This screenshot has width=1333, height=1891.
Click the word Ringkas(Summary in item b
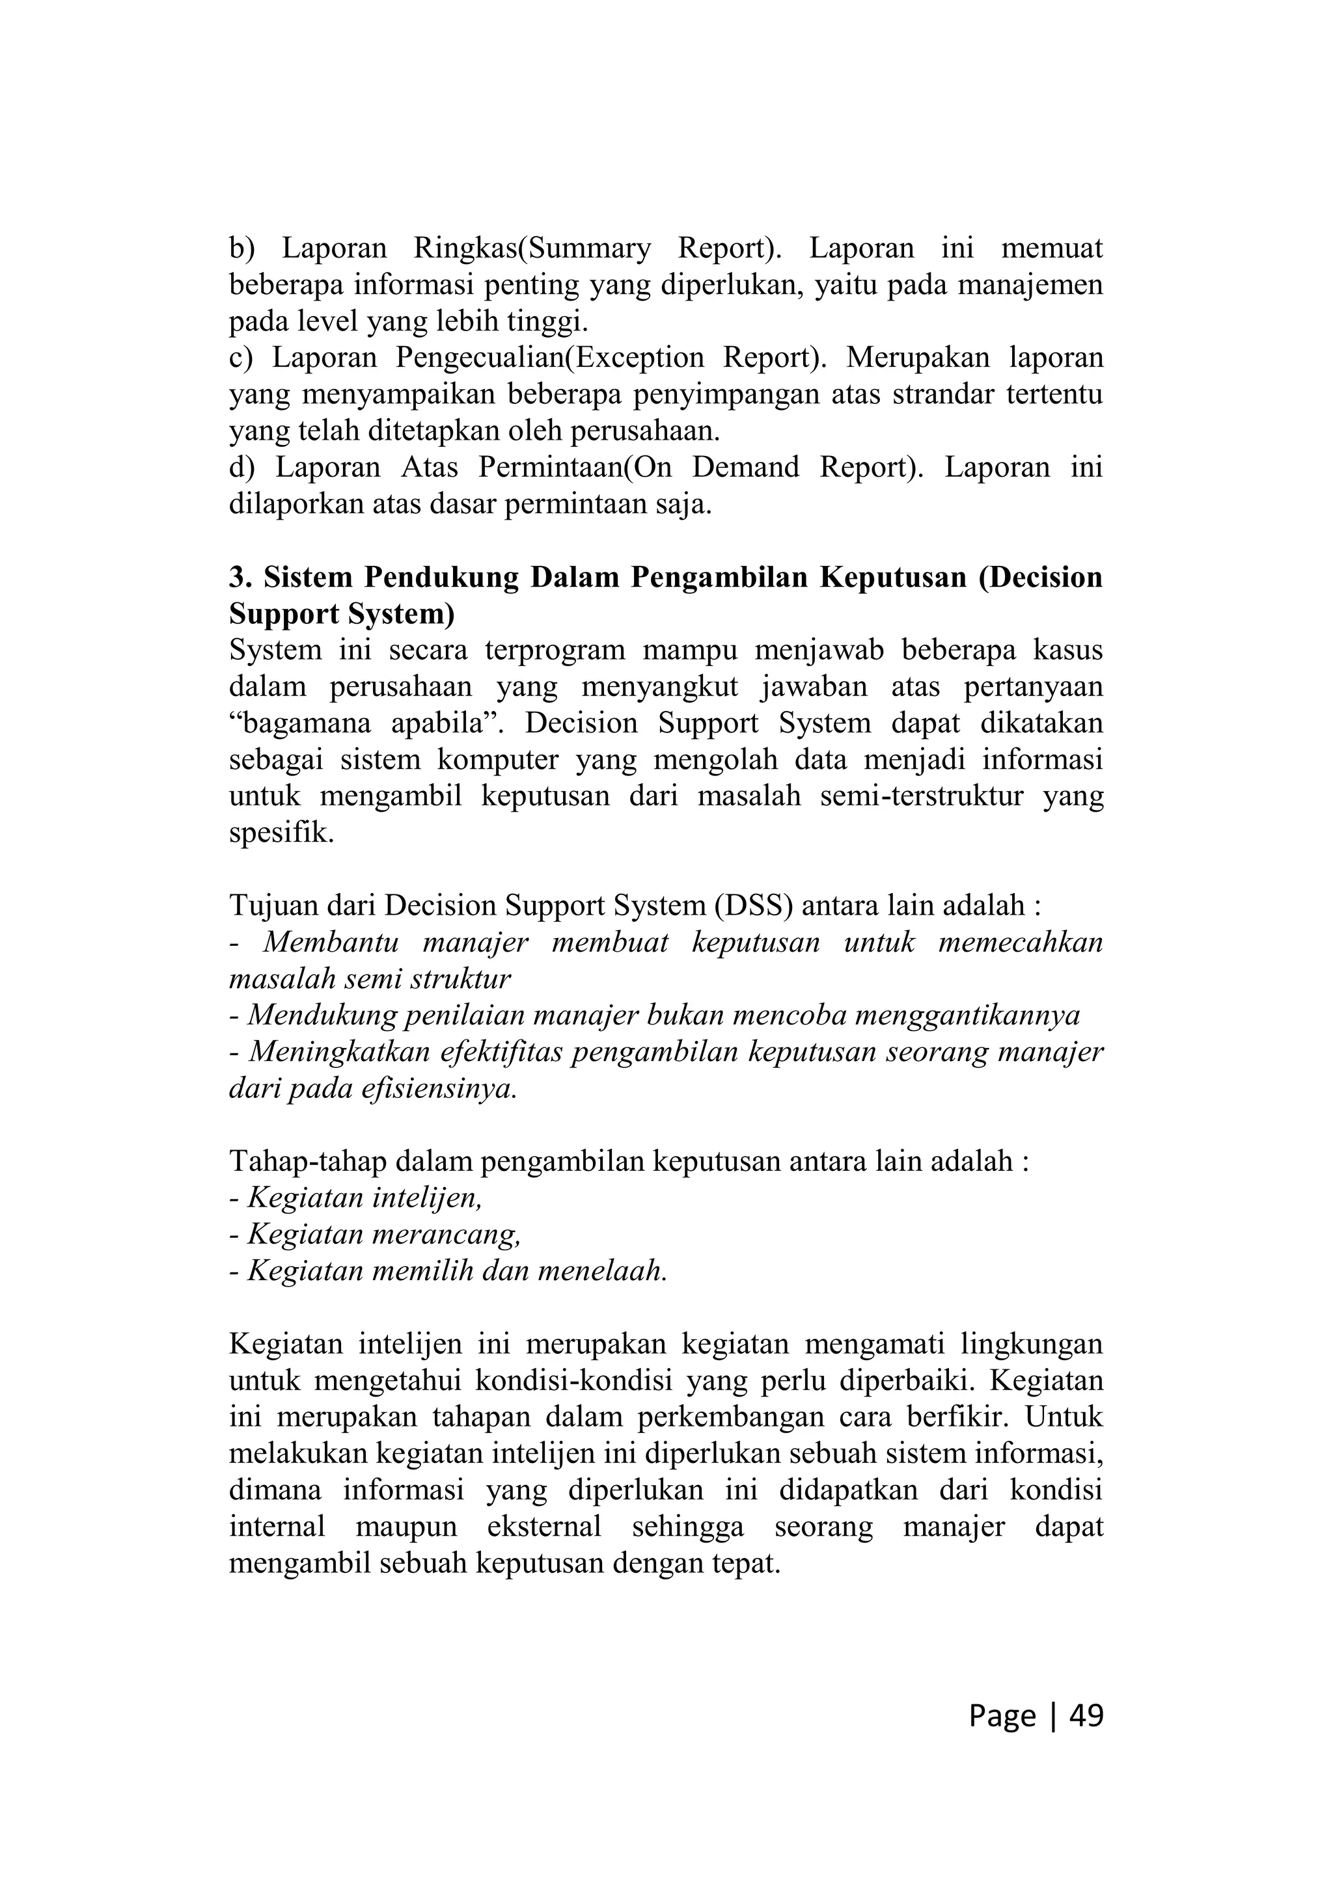[x=531, y=248]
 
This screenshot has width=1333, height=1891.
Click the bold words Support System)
[x=341, y=615]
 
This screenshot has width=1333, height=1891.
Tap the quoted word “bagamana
[x=297, y=724]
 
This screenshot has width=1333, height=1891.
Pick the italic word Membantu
[x=331, y=942]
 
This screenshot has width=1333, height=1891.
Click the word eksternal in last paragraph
[x=543, y=1527]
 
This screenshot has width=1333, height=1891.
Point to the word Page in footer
[x=1002, y=1715]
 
